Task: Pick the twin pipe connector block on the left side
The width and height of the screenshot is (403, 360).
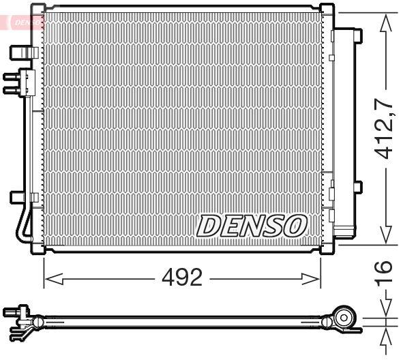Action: (x=19, y=82)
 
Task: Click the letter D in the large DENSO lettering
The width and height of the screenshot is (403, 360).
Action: (x=207, y=225)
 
